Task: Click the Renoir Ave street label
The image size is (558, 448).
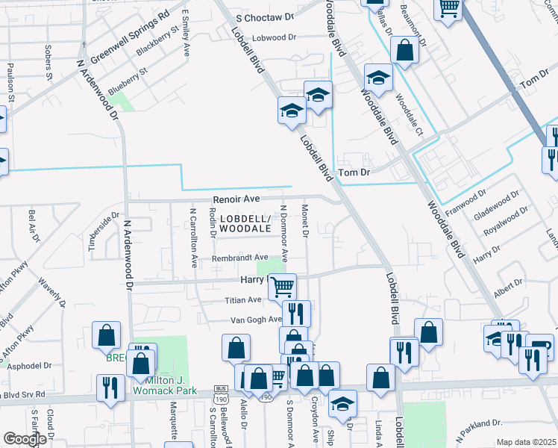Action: click(x=236, y=199)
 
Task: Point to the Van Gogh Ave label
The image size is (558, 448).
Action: click(x=255, y=319)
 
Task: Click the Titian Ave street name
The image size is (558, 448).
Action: click(x=243, y=299)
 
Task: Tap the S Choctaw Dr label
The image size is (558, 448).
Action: click(x=266, y=15)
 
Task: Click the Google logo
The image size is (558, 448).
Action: click(x=25, y=439)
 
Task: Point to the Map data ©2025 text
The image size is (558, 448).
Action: click(x=525, y=442)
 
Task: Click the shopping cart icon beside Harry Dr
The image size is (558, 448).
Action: click(x=282, y=286)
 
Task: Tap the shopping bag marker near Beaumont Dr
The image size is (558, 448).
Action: click(x=404, y=52)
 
